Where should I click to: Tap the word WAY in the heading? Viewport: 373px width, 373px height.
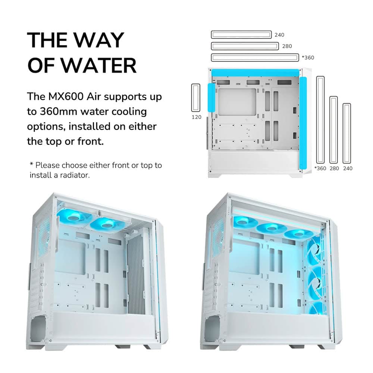click(x=99, y=40)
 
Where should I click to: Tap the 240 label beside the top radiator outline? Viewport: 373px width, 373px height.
click(x=279, y=35)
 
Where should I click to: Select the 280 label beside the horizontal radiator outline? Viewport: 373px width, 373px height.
click(x=287, y=46)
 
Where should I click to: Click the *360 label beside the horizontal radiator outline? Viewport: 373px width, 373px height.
click(x=308, y=57)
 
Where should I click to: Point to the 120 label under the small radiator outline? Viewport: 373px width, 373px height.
click(x=197, y=117)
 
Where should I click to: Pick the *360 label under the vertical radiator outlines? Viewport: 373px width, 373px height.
click(x=320, y=169)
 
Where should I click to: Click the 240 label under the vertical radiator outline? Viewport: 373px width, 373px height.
click(x=348, y=169)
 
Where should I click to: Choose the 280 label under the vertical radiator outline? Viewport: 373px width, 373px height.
click(x=334, y=169)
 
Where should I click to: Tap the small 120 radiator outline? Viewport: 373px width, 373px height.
click(x=192, y=97)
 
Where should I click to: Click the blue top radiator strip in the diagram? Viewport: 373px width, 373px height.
click(x=255, y=73)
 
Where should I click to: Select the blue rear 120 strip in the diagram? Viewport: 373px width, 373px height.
click(x=211, y=97)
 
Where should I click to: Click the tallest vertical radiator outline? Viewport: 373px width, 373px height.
click(x=317, y=120)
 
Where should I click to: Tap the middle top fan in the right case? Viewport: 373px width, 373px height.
click(x=271, y=229)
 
